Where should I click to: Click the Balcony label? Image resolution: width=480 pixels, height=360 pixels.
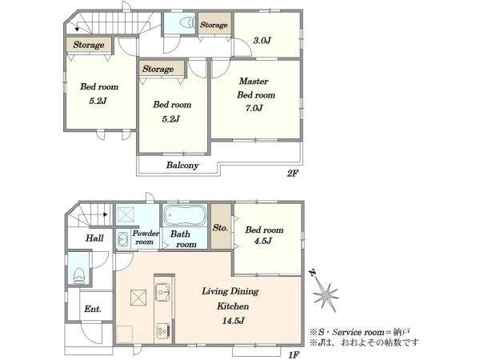tap(182, 166)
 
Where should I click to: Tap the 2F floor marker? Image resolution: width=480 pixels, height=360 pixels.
tap(292, 174)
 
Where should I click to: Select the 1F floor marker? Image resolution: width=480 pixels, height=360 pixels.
tap(294, 354)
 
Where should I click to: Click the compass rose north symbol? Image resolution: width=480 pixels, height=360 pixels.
tap(325, 293)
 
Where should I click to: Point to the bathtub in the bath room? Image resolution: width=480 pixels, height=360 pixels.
tap(185, 215)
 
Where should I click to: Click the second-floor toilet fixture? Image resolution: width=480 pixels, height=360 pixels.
tap(187, 23)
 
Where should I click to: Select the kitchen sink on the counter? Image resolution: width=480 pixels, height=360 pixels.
tap(162, 292)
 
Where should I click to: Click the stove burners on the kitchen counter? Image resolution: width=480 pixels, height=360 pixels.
tap(162, 330)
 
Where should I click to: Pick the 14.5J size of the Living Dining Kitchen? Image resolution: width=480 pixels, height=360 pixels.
tap(233, 321)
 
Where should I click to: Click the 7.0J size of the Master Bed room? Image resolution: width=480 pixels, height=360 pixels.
tap(254, 108)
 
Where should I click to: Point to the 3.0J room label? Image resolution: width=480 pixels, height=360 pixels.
tap(262, 40)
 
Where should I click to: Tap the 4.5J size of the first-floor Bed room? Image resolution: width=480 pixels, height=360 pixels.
tap(263, 241)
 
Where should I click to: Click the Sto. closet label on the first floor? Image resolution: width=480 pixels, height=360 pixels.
tap(221, 228)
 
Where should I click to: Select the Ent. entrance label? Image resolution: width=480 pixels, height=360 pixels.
tap(93, 309)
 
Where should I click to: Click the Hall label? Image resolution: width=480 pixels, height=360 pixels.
tap(94, 238)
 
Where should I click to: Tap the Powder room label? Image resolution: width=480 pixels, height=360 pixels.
tap(146, 238)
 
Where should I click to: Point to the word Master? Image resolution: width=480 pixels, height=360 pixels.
tap(254, 81)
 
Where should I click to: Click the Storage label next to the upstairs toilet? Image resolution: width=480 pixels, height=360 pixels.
tap(214, 25)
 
